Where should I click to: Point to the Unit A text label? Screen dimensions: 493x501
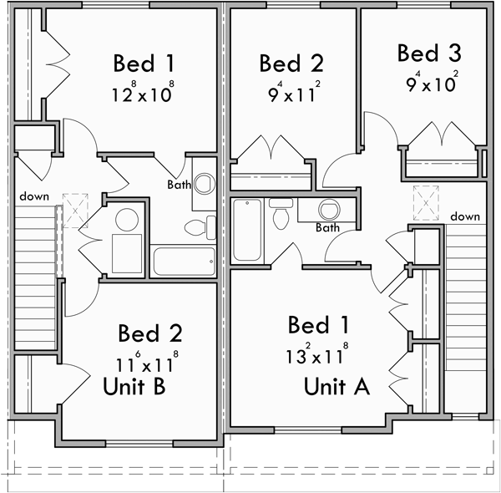(337, 387)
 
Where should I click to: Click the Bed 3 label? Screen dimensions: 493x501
(428, 54)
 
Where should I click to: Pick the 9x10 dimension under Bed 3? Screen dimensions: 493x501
(428, 84)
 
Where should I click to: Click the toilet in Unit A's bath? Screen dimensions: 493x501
(280, 216)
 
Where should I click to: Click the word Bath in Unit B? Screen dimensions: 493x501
(179, 185)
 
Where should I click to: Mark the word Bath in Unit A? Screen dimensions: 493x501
(327, 227)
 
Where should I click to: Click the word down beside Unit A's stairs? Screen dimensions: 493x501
(465, 216)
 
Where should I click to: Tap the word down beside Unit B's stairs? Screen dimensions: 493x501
(34, 196)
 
